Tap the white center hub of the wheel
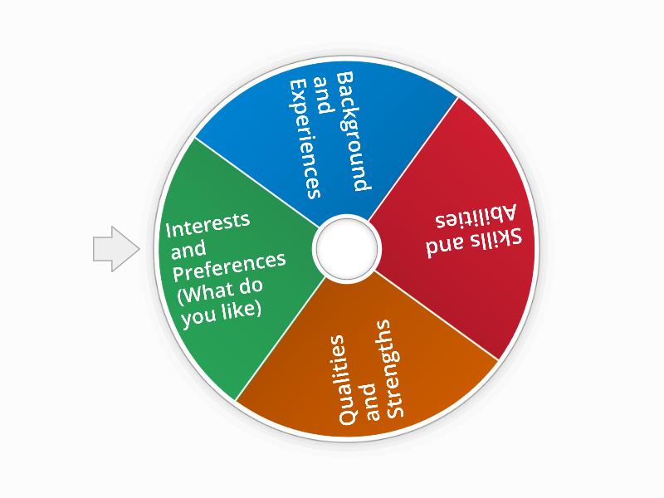point(345,247)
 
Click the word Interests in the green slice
point(208,224)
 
